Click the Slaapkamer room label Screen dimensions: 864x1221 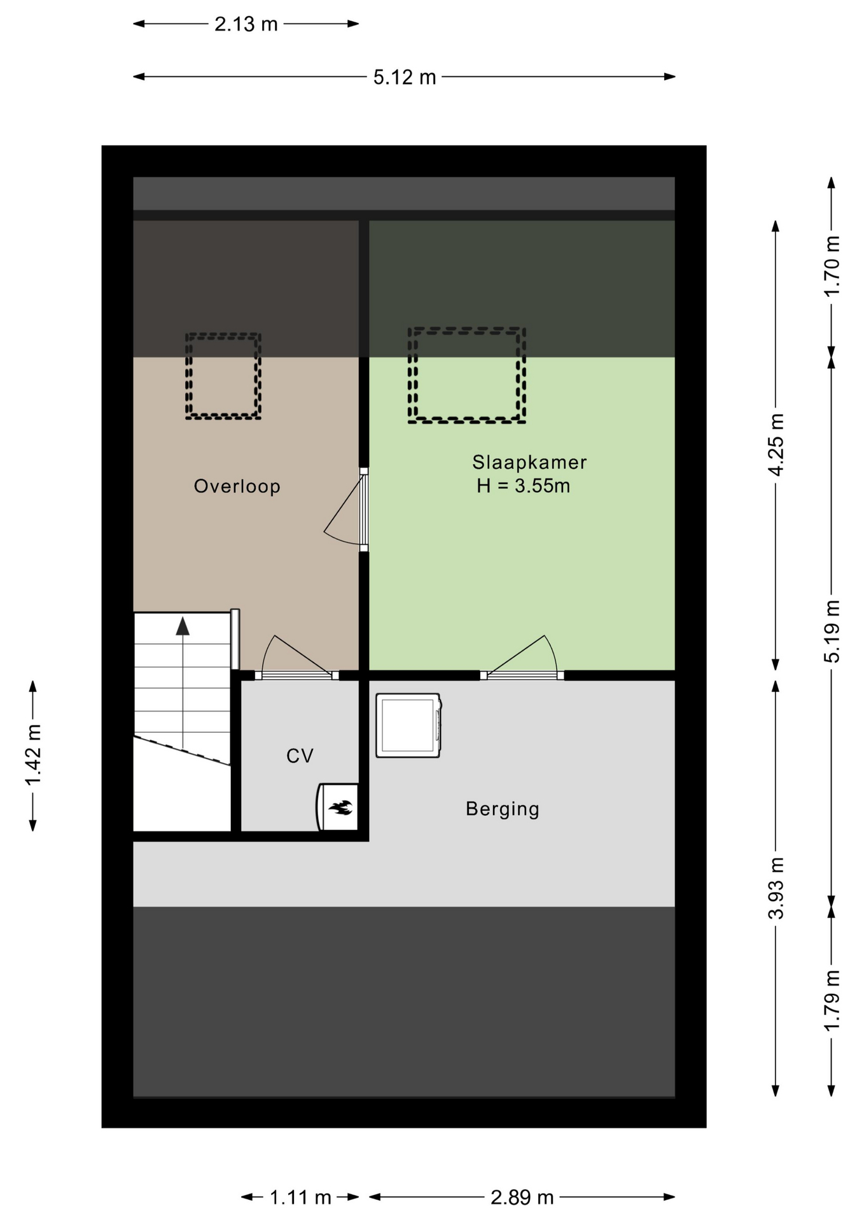click(529, 462)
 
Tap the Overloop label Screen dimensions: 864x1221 click(237, 486)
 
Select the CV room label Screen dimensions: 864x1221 click(300, 755)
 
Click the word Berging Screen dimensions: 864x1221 click(503, 809)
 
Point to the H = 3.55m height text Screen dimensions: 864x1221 click(523, 486)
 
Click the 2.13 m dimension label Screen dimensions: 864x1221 click(246, 24)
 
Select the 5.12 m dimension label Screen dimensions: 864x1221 click(405, 78)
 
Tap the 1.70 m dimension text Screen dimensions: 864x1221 click(832, 266)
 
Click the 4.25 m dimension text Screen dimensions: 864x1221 click(776, 445)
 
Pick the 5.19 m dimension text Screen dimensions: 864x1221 click(832, 631)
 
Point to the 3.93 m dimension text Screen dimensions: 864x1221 click(776, 888)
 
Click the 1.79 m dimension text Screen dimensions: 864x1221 click(832, 1002)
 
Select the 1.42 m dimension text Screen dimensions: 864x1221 click(33, 755)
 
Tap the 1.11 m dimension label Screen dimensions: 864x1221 click(300, 1197)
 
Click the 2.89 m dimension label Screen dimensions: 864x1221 click(522, 1197)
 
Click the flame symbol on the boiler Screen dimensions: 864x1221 click(340, 808)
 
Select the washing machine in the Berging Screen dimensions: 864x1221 click(408, 726)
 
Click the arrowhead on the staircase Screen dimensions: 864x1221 click(183, 626)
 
